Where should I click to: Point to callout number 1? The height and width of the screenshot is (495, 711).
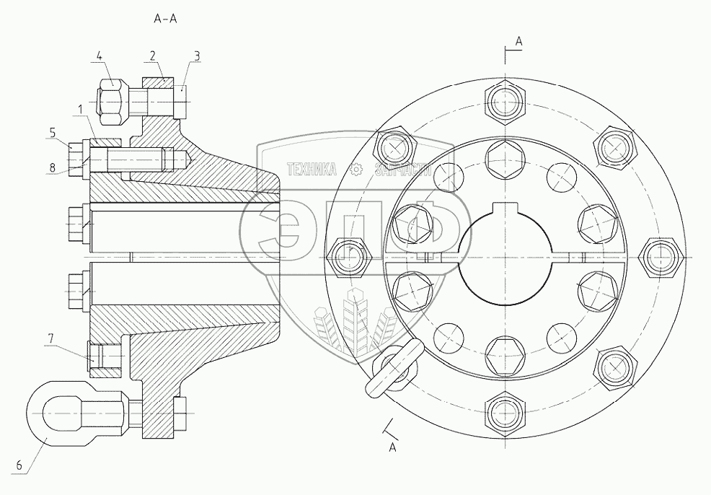(80, 108)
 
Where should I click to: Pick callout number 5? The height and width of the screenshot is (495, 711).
(53, 132)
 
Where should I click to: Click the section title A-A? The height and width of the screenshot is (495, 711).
(166, 19)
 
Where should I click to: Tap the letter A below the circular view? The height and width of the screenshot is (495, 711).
(393, 447)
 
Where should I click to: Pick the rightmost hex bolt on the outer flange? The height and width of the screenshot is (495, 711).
(661, 256)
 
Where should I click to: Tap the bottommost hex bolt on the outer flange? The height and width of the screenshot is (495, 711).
(503, 414)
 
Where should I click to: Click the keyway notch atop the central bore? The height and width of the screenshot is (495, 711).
(503, 211)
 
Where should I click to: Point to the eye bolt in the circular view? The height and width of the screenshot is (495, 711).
(392, 367)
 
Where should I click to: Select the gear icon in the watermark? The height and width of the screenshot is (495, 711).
(355, 170)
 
